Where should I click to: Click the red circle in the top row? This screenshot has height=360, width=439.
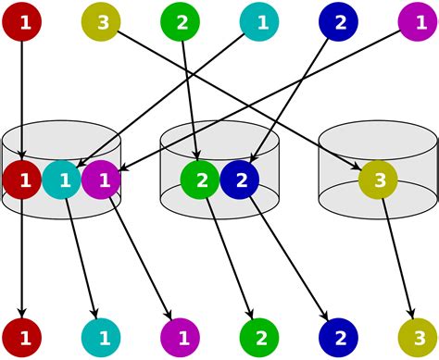(x=22, y=22)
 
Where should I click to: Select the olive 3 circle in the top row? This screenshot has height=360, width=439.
(x=101, y=22)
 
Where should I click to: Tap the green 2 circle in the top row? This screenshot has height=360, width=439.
(x=181, y=22)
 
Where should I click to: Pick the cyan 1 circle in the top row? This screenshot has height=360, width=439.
(x=260, y=22)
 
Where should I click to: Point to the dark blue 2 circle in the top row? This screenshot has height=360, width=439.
(x=339, y=22)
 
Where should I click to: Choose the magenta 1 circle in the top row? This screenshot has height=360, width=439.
(x=418, y=22)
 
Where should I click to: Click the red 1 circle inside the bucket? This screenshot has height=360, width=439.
(x=22, y=180)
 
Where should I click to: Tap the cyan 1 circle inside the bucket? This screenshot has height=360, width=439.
(x=62, y=180)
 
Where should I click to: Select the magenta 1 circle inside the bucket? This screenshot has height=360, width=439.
(x=101, y=180)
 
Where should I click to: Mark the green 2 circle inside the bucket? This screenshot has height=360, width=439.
(x=200, y=180)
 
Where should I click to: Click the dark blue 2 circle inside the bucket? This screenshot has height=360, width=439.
(x=240, y=180)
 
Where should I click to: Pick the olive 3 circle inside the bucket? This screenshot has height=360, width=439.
(x=378, y=180)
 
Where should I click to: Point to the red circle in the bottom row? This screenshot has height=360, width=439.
(x=22, y=337)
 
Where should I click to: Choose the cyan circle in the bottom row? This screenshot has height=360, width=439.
(x=101, y=337)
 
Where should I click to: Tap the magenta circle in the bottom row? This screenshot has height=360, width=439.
(x=181, y=337)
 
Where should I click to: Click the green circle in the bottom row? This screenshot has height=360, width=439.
(x=260, y=337)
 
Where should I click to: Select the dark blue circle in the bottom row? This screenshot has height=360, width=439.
(x=339, y=337)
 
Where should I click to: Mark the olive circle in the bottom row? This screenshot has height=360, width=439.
(x=418, y=337)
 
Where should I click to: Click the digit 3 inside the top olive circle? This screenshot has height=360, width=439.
(x=101, y=22)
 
